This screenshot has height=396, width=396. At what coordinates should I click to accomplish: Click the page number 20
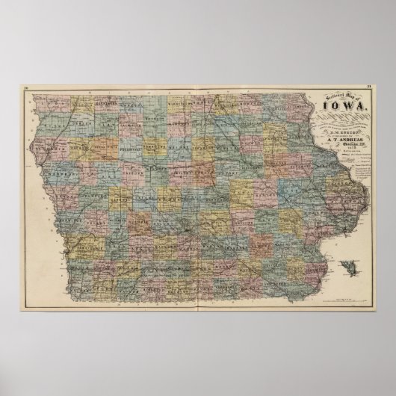point(27,90)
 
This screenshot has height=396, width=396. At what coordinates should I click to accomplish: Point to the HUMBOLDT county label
point(152,137)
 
